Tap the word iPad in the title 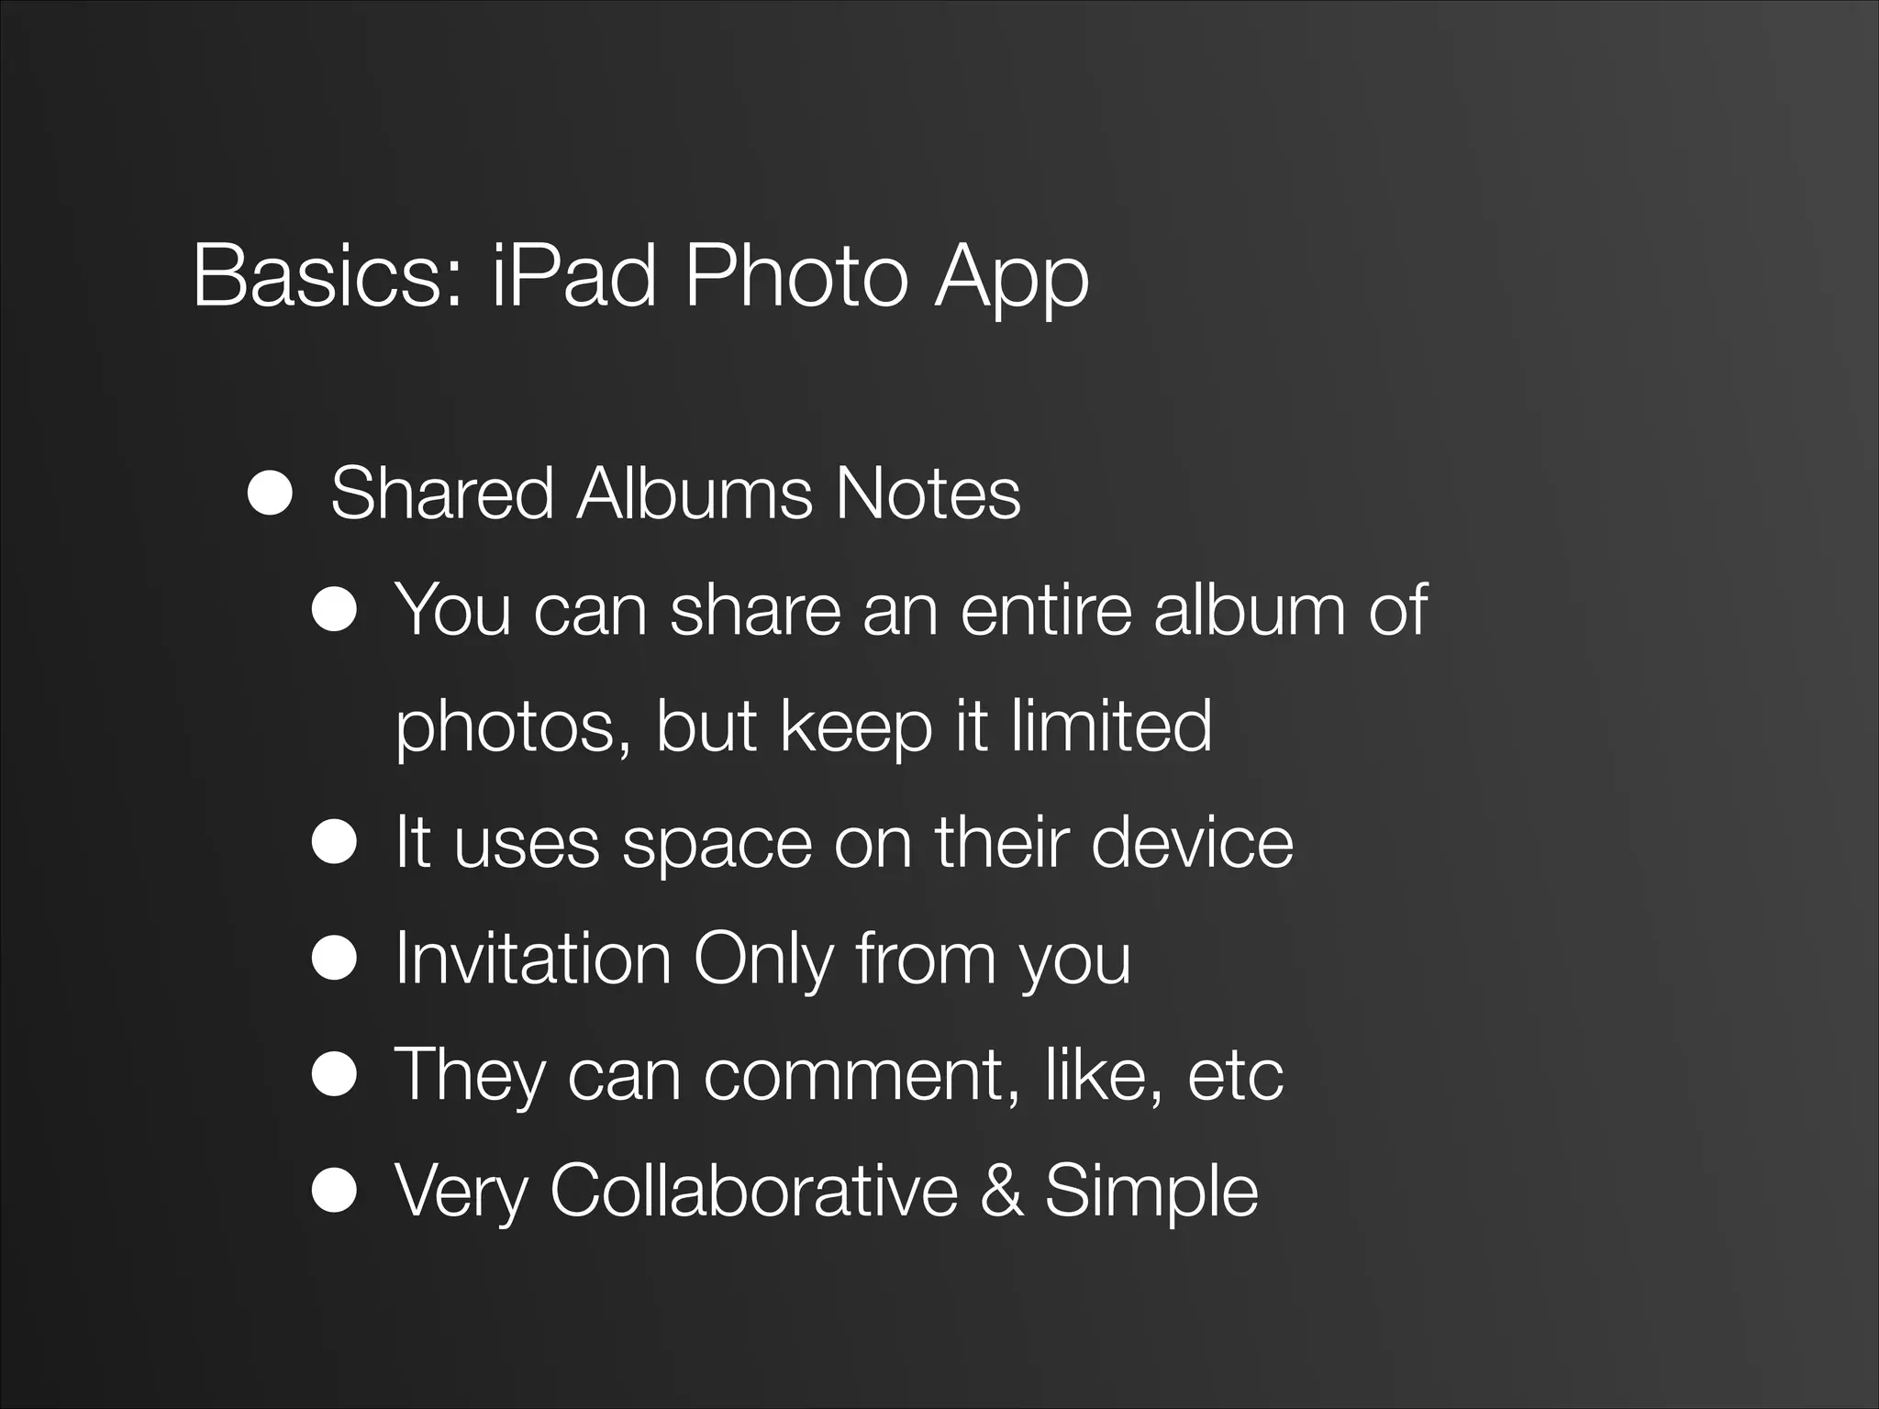tap(574, 276)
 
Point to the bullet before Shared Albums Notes tap(270, 495)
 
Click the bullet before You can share tap(333, 611)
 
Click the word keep tap(856, 727)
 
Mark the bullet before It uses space tap(333, 843)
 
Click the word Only tap(762, 960)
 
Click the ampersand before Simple tap(1001, 1190)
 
